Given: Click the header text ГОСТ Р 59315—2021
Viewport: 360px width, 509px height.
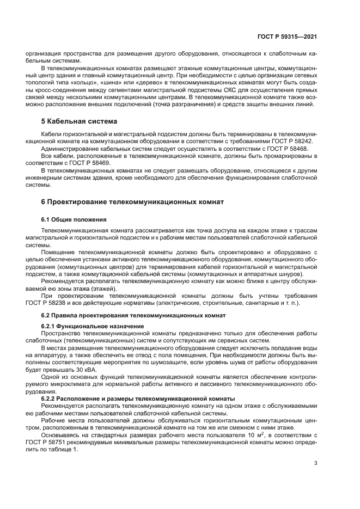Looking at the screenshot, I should (287, 36).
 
